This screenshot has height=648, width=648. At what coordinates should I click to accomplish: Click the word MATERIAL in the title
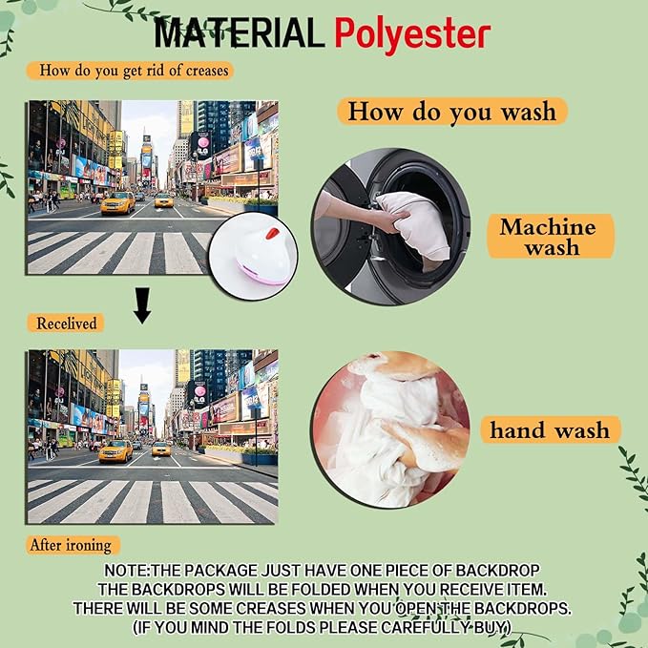(239, 33)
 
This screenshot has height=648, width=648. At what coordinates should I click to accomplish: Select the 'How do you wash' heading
(452, 111)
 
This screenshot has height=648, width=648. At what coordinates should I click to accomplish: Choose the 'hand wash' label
(550, 430)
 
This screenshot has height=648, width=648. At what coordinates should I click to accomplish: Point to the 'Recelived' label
(67, 324)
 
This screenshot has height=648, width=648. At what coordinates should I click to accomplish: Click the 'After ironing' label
(71, 545)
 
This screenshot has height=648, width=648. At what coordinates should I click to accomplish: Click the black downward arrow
(142, 305)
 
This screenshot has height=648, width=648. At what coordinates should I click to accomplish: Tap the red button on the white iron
(272, 234)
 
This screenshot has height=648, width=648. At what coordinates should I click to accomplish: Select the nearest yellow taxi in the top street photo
(117, 203)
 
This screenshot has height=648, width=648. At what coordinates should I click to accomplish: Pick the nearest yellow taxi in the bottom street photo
(115, 450)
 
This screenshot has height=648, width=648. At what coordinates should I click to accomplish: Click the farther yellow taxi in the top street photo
(164, 200)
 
